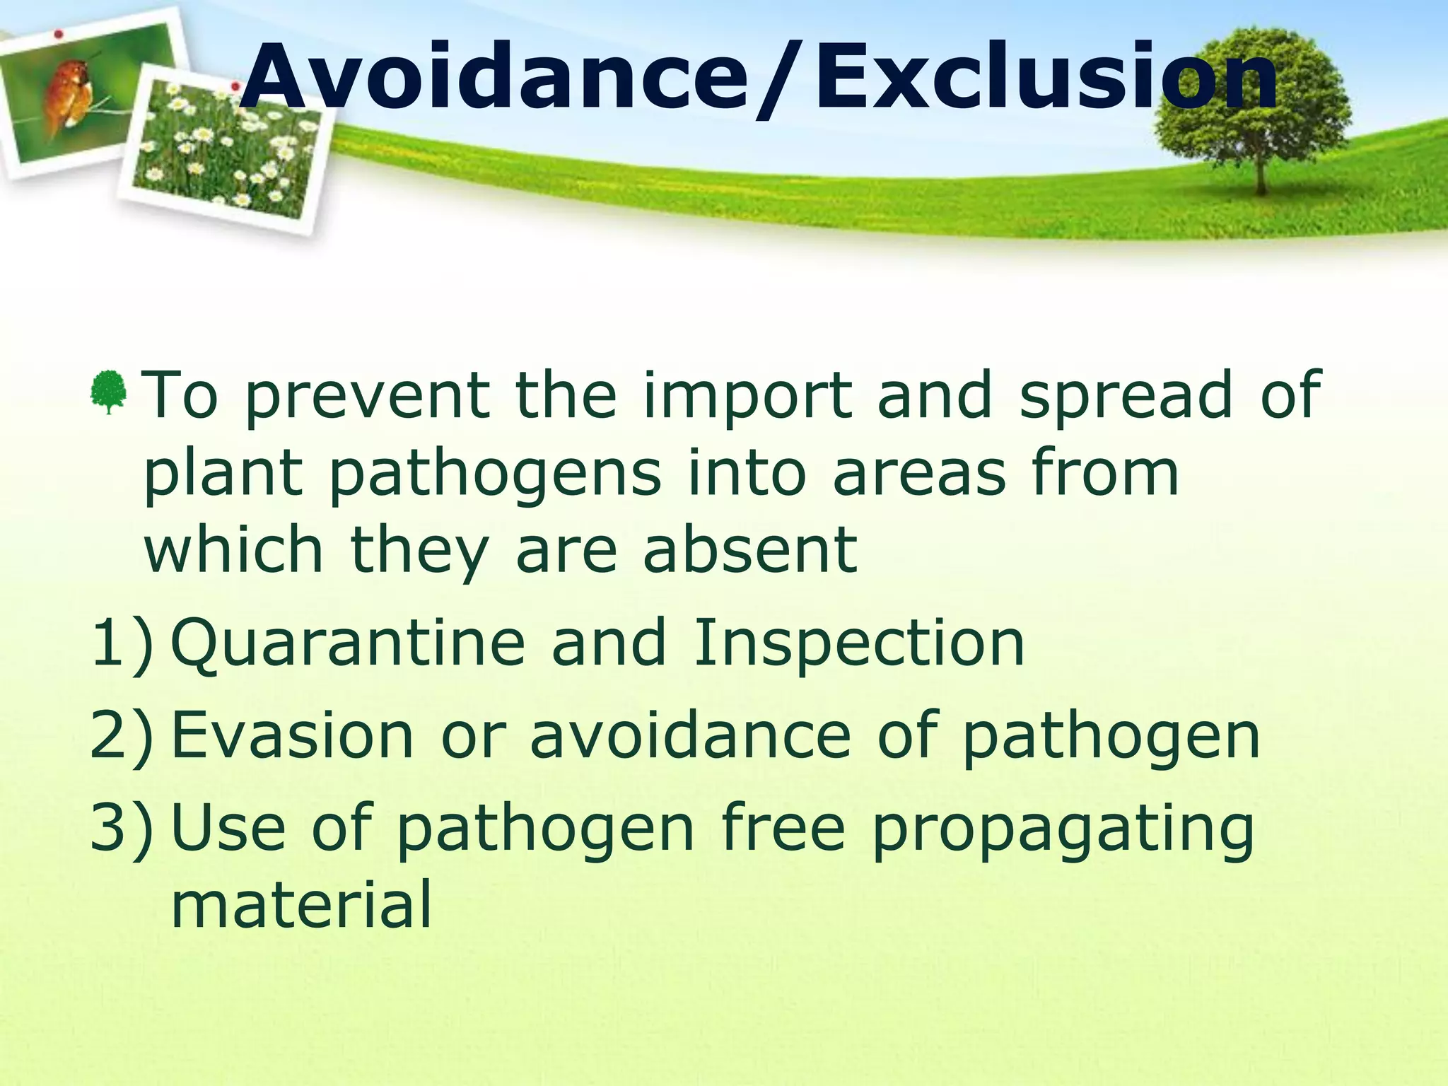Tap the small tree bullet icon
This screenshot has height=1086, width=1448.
pos(108,391)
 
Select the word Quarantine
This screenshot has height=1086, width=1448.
pos(348,643)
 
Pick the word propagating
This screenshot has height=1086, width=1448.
pos(1063,831)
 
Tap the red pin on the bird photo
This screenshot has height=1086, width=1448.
pos(59,33)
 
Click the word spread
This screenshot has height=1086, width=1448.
pos(1125,396)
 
